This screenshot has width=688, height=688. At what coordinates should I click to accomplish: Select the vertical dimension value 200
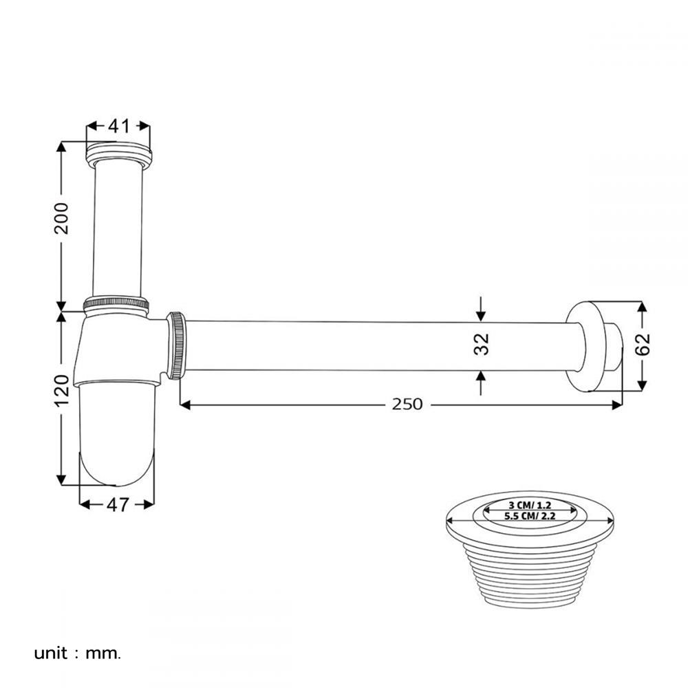(x=62, y=219)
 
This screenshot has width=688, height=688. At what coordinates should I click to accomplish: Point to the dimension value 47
(x=118, y=504)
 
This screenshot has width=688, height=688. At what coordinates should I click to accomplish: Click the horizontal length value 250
(x=407, y=405)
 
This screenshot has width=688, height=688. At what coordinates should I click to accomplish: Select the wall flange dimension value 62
(x=643, y=344)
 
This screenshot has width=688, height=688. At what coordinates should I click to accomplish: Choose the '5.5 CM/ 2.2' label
(x=529, y=515)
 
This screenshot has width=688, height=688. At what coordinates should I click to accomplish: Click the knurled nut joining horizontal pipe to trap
(x=177, y=345)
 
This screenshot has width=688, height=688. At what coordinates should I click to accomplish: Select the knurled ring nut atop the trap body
(x=116, y=303)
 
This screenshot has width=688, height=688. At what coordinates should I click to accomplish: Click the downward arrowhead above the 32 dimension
(x=481, y=314)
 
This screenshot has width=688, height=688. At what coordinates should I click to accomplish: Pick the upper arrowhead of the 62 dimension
(x=642, y=308)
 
